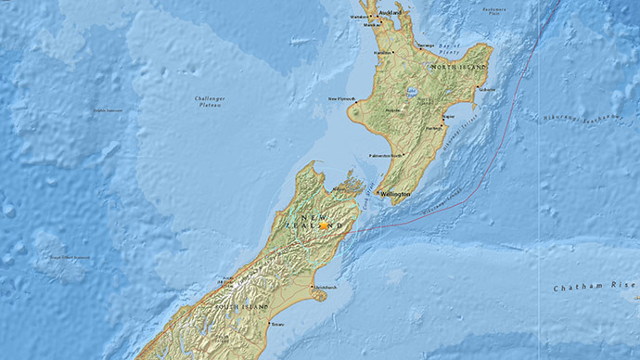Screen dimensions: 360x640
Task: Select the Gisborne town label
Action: (488, 90)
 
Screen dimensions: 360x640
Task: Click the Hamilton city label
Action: (382, 53)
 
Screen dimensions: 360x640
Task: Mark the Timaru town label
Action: (277, 325)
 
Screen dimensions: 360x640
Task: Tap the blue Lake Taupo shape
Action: (411, 91)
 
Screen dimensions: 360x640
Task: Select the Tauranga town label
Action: (426, 44)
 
